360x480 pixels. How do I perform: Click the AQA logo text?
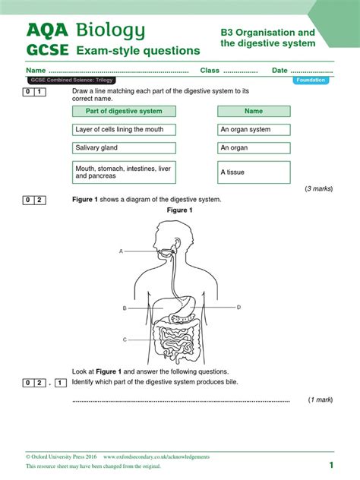pyautogui.click(x=47, y=30)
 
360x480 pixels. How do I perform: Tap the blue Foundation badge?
pyautogui.click(x=311, y=81)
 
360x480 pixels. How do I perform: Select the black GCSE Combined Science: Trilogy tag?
pyautogui.click(x=71, y=81)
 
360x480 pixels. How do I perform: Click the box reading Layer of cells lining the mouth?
pyautogui.click(x=124, y=129)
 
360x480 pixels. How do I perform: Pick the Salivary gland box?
pyautogui.click(x=124, y=148)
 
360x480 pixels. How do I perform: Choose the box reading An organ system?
pyautogui.click(x=254, y=129)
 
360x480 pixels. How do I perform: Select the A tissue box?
pyautogui.click(x=254, y=172)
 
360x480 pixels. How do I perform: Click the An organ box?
pyautogui.click(x=254, y=148)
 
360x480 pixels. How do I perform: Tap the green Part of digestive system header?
pyautogui.click(x=124, y=111)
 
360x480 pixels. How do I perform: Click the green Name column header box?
pyautogui.click(x=254, y=111)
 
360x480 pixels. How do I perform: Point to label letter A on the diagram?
pyautogui.click(x=121, y=251)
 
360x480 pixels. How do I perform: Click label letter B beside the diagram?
pyautogui.click(x=125, y=308)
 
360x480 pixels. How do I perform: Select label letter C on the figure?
pyautogui.click(x=125, y=339)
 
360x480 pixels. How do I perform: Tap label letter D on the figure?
pyautogui.click(x=238, y=307)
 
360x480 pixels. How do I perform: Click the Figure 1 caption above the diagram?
pyautogui.click(x=180, y=210)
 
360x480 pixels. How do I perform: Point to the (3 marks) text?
pyautogui.click(x=319, y=188)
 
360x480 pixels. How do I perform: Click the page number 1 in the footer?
pyautogui.click(x=331, y=466)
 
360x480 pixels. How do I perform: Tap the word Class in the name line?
pyautogui.click(x=210, y=71)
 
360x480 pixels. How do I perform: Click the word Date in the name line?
pyautogui.click(x=279, y=71)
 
